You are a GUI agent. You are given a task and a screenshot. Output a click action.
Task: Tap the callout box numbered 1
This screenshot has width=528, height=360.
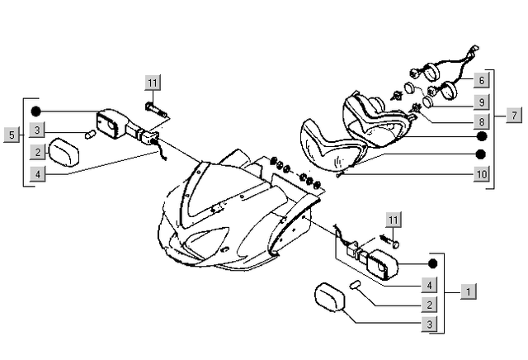coord(468,291)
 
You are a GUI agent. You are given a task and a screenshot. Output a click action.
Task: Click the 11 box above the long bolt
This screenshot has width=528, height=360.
coord(153,82)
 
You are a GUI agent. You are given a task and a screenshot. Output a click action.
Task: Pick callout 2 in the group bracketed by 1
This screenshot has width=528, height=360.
coord(427,305)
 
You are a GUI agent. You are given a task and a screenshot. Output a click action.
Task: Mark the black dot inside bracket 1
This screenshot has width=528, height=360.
coord(431,264)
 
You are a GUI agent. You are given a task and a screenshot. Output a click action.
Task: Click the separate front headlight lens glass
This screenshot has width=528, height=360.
coord(329,146)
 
